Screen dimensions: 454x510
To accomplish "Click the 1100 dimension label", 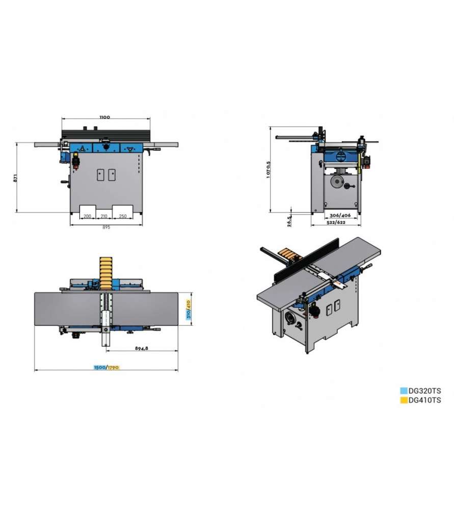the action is [104, 117].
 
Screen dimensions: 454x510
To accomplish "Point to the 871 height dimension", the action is [15, 178].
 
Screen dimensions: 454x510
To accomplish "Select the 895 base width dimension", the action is [106, 227].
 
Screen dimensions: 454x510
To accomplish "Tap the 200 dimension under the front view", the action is [88, 216].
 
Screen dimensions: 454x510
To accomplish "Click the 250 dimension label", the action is [122, 216].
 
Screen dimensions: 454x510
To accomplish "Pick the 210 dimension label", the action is [104, 216].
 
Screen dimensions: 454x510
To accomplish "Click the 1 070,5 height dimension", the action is [268, 169].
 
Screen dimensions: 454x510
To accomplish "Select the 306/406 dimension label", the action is [340, 215].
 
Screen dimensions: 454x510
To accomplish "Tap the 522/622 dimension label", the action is [336, 222].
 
